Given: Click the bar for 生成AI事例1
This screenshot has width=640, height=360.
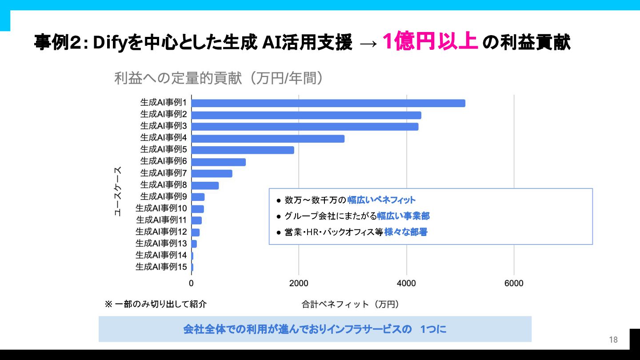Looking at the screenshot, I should pyautogui.click(x=328, y=103).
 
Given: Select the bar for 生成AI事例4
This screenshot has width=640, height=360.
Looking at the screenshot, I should pyautogui.click(x=268, y=139).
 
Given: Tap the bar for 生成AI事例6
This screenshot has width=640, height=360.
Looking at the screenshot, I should pyautogui.click(x=218, y=162).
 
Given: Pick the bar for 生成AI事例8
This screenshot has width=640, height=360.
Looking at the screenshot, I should pyautogui.click(x=205, y=186).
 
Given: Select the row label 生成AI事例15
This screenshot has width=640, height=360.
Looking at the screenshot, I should pyautogui.click(x=161, y=267).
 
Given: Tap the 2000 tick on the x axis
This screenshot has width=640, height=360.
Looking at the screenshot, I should pyautogui.click(x=299, y=284).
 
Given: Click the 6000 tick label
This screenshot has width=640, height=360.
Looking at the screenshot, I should pyautogui.click(x=514, y=284).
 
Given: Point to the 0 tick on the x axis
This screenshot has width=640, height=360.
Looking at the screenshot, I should pyautogui.click(x=191, y=284).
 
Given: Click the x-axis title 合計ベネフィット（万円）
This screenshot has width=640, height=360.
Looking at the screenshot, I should pyautogui.click(x=350, y=304).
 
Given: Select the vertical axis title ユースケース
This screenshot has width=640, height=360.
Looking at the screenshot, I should pyautogui.click(x=118, y=191).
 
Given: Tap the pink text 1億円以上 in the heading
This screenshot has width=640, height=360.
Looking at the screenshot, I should pyautogui.click(x=430, y=42).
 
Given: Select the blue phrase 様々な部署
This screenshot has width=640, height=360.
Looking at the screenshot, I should pyautogui.click(x=405, y=232).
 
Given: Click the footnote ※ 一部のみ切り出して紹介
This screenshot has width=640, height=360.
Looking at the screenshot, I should pyautogui.click(x=156, y=304).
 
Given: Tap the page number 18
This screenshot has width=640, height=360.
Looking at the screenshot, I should pyautogui.click(x=613, y=340).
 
